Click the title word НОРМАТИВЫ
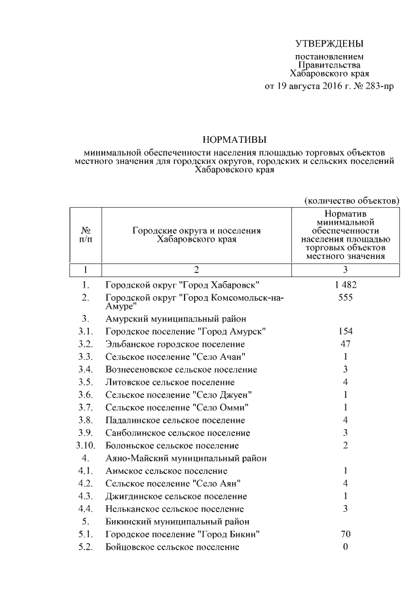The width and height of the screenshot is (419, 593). (234, 140)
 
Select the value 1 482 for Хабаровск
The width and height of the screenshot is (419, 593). (344, 285)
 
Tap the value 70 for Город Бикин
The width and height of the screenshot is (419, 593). (344, 534)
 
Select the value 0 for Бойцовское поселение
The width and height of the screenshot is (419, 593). (344, 546)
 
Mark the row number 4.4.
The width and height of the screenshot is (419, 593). (85, 508)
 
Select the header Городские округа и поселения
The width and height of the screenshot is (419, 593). (196, 231)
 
